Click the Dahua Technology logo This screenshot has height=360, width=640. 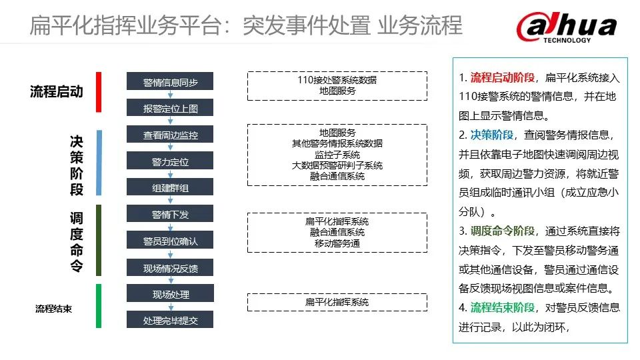coord(566,28)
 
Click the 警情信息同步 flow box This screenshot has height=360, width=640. coord(170,82)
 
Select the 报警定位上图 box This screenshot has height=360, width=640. coord(170,108)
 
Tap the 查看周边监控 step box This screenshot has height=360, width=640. coord(170,135)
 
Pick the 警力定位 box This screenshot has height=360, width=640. coord(170,162)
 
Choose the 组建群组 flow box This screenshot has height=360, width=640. coord(170,188)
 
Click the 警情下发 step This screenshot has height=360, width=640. coord(170,214)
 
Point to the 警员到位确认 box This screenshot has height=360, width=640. coord(170,241)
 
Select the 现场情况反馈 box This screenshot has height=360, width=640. coord(170,267)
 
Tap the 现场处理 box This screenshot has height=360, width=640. coord(170,294)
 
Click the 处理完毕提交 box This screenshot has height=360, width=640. coord(170,320)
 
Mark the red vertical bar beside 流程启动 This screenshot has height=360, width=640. coord(98,92)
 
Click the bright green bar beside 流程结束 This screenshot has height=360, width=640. coord(98,306)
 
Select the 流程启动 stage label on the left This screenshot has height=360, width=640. coord(57,92)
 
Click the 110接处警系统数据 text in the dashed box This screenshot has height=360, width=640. coord(337,80)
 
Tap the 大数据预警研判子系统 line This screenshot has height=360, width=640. coord(337,165)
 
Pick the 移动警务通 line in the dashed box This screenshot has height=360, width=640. coord(337,243)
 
